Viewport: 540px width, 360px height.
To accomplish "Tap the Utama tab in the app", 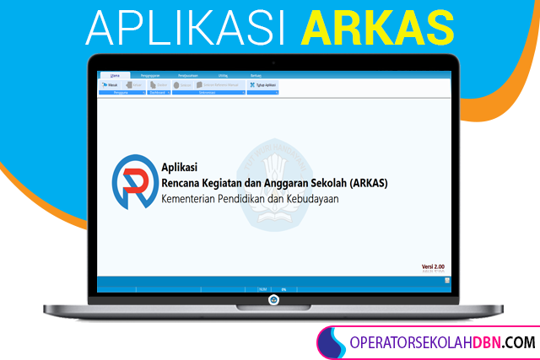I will click(116, 76).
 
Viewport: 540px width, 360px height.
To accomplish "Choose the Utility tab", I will click(222, 76).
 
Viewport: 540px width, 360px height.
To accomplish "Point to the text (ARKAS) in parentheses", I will click(367, 184).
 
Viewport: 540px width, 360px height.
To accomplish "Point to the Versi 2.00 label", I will click(433, 266).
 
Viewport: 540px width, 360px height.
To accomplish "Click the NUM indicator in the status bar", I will click(262, 289).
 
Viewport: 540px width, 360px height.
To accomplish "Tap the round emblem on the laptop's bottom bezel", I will click(273, 300).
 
